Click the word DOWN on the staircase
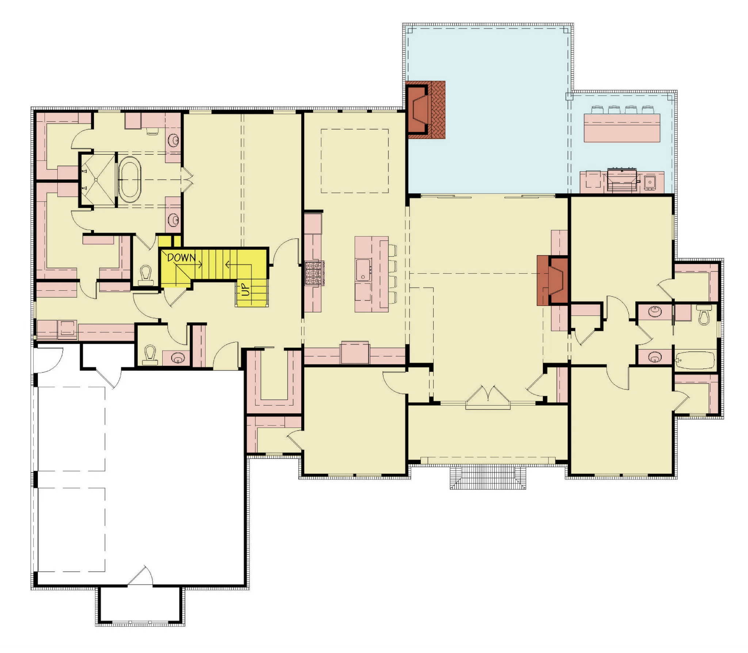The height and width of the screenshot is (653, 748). tap(181, 258)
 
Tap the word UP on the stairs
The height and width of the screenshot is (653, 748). tap(246, 290)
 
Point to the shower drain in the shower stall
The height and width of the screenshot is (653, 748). tap(96, 179)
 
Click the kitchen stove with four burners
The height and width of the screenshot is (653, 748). tap(313, 273)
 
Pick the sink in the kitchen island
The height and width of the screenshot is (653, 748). tap(363, 270)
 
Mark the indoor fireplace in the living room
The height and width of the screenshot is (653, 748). tap(552, 280)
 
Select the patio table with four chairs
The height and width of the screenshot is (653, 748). tap(622, 124)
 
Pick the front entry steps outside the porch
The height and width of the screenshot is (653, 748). tap(488, 477)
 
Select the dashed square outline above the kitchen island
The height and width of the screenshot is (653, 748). tap(355, 161)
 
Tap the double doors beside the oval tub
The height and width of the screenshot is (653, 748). tap(187, 179)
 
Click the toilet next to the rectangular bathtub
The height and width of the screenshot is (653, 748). tap(703, 315)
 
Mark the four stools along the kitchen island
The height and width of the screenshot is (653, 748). tap(392, 274)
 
